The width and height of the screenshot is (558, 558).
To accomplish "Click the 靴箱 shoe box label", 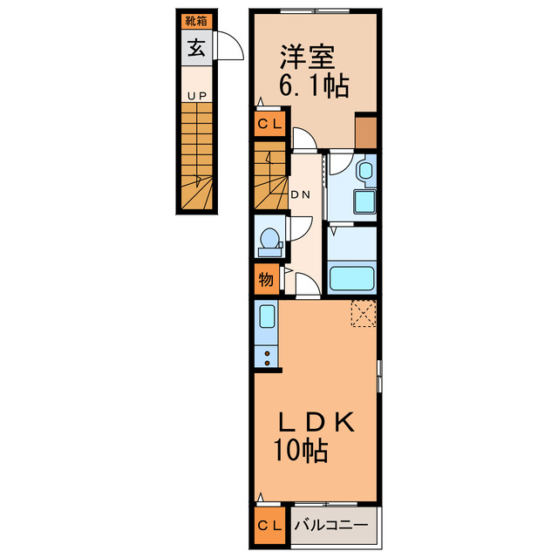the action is click(x=196, y=21).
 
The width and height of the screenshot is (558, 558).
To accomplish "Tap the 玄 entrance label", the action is click(x=196, y=48).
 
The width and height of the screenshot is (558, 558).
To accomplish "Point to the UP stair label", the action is click(x=197, y=96).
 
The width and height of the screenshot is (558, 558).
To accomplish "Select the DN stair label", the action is click(x=301, y=194).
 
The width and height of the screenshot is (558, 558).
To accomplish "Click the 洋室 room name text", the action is click(x=308, y=58).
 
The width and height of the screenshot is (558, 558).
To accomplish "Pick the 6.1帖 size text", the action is click(x=314, y=85).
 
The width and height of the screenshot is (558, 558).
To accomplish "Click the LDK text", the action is click(x=316, y=422).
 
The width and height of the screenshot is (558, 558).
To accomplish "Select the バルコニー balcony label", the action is click(x=331, y=525).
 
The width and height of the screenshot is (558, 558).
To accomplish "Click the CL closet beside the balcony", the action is click(x=269, y=525).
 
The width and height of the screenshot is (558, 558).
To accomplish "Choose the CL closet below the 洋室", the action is click(x=269, y=124).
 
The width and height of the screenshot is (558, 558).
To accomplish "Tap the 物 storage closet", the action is click(x=267, y=279).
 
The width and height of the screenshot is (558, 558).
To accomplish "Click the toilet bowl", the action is click(x=269, y=238).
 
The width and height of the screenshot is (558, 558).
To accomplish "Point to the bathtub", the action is click(x=351, y=278).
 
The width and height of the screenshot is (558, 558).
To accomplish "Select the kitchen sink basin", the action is click(x=268, y=316).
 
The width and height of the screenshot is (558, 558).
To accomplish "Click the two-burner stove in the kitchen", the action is click(x=267, y=358).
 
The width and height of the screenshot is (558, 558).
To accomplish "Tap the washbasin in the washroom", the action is click(x=365, y=171).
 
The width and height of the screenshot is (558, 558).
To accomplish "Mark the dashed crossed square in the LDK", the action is click(x=364, y=313).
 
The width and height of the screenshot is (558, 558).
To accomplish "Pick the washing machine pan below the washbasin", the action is click(x=364, y=201).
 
